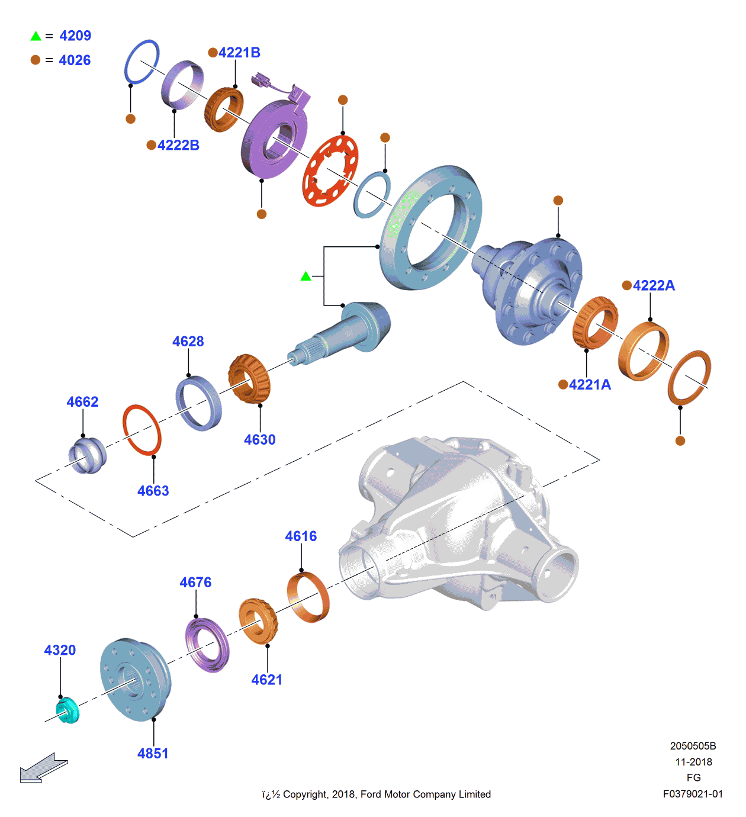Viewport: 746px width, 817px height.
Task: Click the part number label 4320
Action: point(60,650)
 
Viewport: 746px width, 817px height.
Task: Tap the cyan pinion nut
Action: point(67,710)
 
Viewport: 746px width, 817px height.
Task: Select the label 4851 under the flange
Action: point(153,754)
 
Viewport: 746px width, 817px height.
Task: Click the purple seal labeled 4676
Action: point(207,645)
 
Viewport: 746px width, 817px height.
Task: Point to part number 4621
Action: point(266,680)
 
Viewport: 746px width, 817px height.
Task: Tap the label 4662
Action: point(82,402)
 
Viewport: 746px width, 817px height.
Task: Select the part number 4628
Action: point(188,342)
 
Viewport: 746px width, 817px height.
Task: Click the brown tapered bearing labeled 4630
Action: point(249,379)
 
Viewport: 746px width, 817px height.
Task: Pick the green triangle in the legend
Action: point(36,36)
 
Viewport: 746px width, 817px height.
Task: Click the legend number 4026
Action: point(75,60)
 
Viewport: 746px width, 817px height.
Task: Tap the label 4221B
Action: point(239,53)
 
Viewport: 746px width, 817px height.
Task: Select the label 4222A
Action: point(654,285)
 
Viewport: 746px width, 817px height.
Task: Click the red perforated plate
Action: point(330,171)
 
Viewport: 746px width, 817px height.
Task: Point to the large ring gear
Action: point(430,227)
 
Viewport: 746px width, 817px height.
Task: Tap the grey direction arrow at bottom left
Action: point(43,768)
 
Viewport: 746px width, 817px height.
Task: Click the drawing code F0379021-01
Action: point(693,794)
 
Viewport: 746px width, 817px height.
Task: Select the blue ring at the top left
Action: point(142,62)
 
